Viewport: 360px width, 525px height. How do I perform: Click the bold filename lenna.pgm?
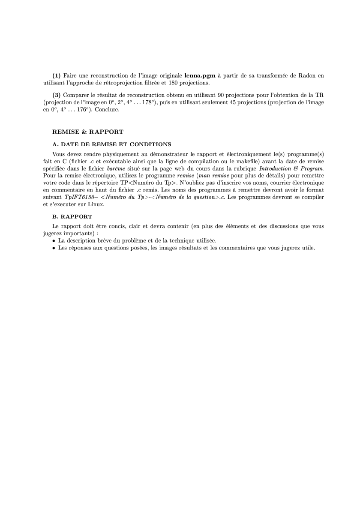[x=200, y=76]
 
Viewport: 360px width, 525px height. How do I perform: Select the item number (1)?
[x=57, y=76]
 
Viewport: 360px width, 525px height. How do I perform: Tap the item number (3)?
[x=57, y=94]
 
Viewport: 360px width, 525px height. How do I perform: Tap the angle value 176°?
[x=77, y=110]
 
